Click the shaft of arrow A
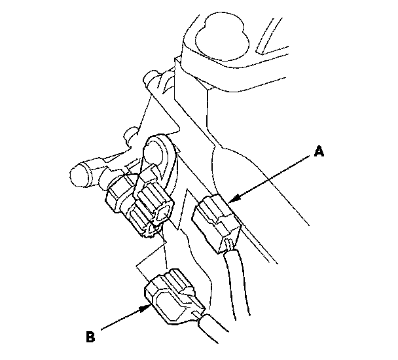point(275,176)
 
